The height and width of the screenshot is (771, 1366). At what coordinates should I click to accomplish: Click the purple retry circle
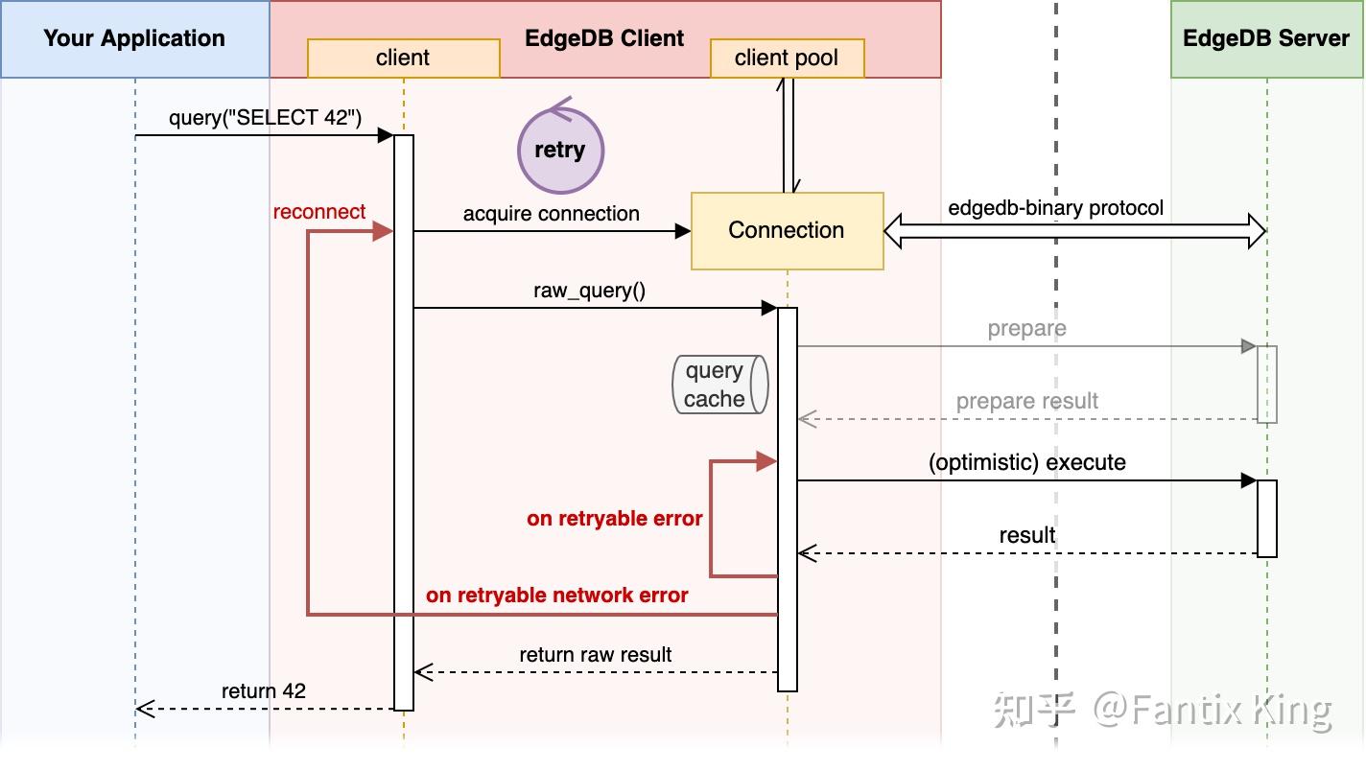coord(560,151)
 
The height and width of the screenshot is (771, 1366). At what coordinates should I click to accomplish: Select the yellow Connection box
coord(787,230)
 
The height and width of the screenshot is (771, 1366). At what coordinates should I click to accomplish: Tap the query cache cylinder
coord(719,385)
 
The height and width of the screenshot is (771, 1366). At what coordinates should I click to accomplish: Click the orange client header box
coord(403,58)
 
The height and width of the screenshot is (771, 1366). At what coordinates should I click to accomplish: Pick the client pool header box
coord(787,58)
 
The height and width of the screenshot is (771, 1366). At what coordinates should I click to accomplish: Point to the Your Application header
coord(134,39)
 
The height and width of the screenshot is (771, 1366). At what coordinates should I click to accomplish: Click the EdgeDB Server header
coord(1266,39)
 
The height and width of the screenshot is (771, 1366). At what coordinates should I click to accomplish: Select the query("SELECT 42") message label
coord(265,118)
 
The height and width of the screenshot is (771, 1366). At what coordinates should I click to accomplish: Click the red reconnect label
coord(319,212)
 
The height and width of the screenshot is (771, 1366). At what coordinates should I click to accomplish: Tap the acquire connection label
coord(551,214)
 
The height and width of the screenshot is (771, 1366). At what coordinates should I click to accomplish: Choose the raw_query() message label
coord(589,291)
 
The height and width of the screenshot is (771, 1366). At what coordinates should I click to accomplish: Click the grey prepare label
coord(1026,329)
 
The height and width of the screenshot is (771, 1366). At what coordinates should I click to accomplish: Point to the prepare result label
coord(1026,401)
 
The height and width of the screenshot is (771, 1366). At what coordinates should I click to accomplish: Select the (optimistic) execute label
coord(1026,462)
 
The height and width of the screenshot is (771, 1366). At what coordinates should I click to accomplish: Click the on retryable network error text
coord(556,596)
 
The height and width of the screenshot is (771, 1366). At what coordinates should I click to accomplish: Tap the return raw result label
coord(595,655)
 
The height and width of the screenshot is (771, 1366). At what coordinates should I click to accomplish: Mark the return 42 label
coord(263,691)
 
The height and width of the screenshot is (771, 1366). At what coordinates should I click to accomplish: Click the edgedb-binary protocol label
coord(1055,208)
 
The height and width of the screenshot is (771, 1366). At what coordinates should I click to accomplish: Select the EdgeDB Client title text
coord(604,39)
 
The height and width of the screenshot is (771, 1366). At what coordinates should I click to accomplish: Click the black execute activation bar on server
coord(1266,518)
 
